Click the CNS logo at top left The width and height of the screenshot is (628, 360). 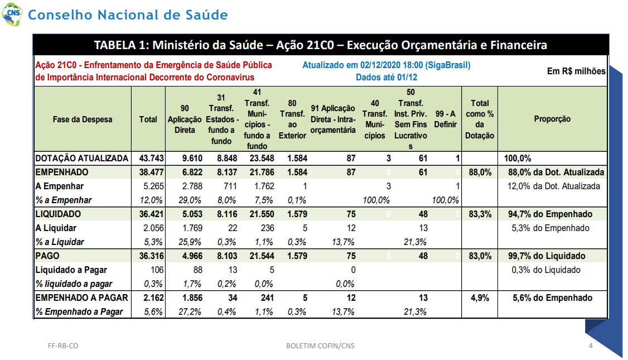point(12,14)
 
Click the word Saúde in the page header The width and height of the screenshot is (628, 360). point(206,15)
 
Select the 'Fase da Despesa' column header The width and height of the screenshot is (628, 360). point(83,119)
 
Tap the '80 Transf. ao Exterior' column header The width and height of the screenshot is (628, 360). point(292,119)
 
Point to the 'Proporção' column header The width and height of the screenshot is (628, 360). point(552,119)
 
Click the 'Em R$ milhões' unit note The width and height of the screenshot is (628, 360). point(576,71)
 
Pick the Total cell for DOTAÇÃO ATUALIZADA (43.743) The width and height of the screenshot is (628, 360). point(151,159)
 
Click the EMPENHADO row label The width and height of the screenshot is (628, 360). point(62,172)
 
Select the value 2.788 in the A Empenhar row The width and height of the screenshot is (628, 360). point(192,186)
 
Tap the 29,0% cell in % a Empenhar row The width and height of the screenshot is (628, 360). point(190,200)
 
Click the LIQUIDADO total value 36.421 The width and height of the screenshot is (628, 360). point(151,214)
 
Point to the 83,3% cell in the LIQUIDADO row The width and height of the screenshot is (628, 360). point(480,214)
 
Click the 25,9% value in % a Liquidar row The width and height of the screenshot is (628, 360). point(190,242)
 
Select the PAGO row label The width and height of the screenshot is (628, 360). point(47,256)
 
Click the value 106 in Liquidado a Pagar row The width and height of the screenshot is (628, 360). point(157,270)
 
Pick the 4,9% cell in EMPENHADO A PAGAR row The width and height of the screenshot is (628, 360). point(480,298)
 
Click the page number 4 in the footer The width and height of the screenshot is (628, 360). point(590,345)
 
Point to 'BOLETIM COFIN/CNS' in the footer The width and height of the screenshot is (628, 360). point(320,345)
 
